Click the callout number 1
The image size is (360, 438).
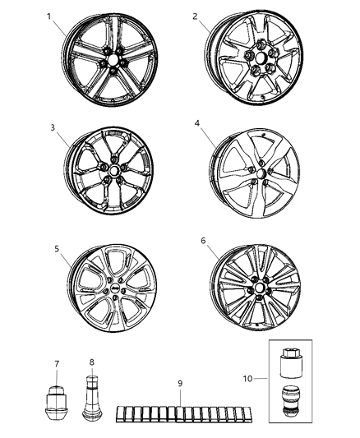48,16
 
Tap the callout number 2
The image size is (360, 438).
195,16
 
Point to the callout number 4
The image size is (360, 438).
197,124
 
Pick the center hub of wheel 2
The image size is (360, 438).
258,62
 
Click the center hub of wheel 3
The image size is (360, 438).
112,173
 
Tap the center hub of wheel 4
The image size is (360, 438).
261,169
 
